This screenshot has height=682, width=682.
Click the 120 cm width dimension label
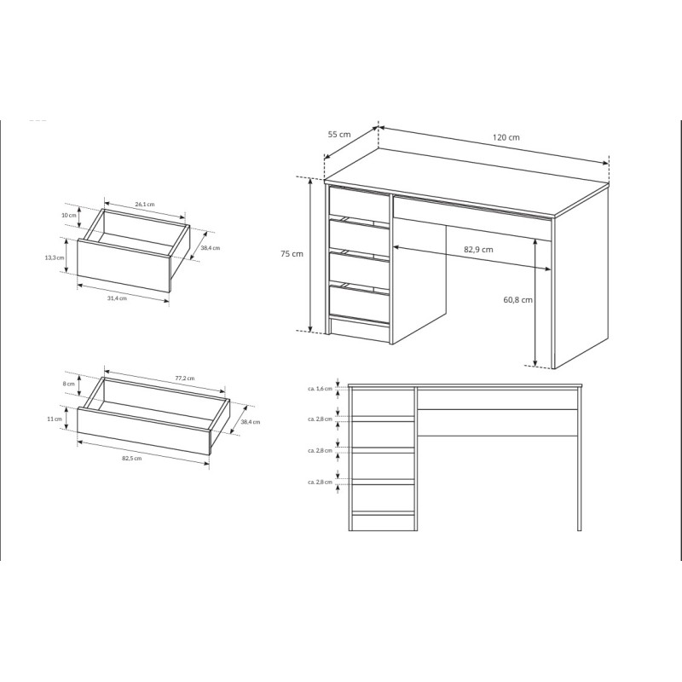pyautogui.click(x=506, y=137)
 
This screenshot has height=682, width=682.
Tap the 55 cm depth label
pyautogui.click(x=338, y=135)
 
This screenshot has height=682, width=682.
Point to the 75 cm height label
pyautogui.click(x=292, y=253)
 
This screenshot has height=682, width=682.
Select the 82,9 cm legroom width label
pyautogui.click(x=478, y=250)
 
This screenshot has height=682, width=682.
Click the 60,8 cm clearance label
pyautogui.click(x=518, y=300)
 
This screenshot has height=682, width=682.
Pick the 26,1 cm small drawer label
pyautogui.click(x=145, y=204)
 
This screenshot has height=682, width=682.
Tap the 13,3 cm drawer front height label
pyautogui.click(x=55, y=257)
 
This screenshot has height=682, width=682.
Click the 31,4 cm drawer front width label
pyautogui.click(x=117, y=298)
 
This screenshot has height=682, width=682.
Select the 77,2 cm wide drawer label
pyautogui.click(x=185, y=378)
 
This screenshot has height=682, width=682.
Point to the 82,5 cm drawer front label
pyautogui.click(x=131, y=458)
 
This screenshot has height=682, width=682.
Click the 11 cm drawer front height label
pyautogui.click(x=55, y=419)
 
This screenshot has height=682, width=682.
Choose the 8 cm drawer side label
pyautogui.click(x=68, y=384)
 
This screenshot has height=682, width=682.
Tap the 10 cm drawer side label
pyautogui.click(x=69, y=216)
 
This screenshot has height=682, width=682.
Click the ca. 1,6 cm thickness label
pyautogui.click(x=320, y=389)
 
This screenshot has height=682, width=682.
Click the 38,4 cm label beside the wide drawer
pyautogui.click(x=250, y=421)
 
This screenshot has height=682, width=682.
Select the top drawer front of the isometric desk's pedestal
pyautogui.click(x=359, y=201)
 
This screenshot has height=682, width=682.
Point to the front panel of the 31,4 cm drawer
pyautogui.click(x=124, y=266)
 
